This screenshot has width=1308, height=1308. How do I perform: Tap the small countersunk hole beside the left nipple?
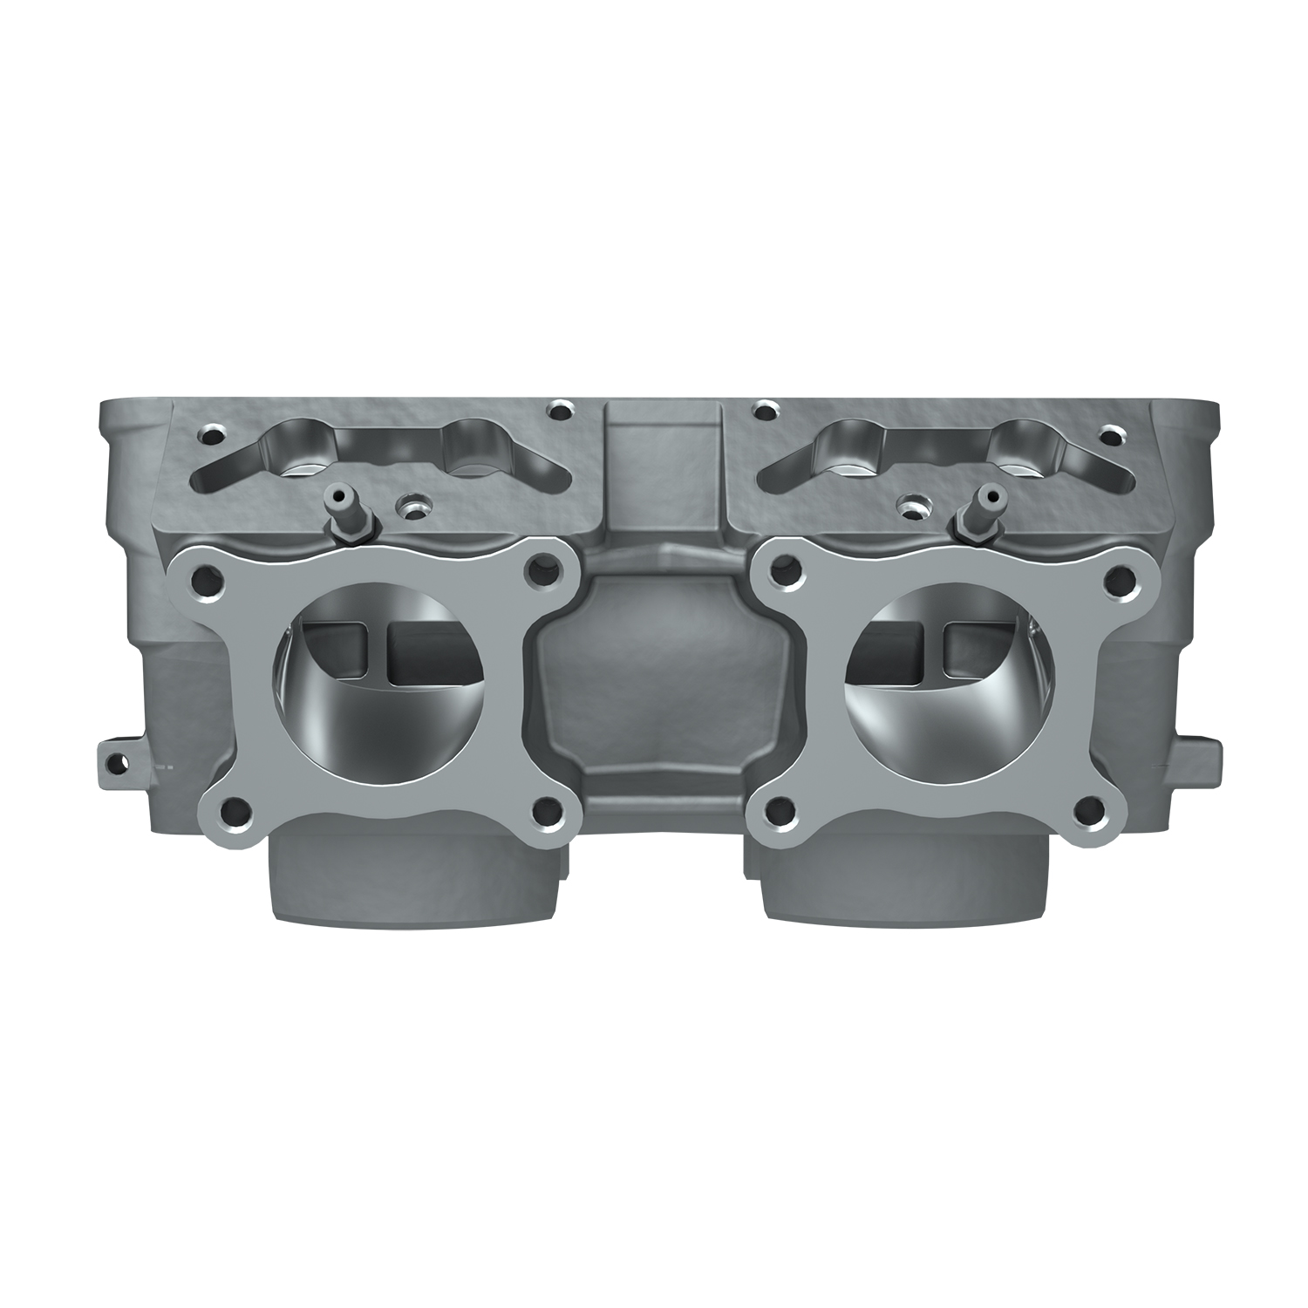tap(409, 506)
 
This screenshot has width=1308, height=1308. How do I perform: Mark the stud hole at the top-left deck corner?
tap(209, 433)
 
